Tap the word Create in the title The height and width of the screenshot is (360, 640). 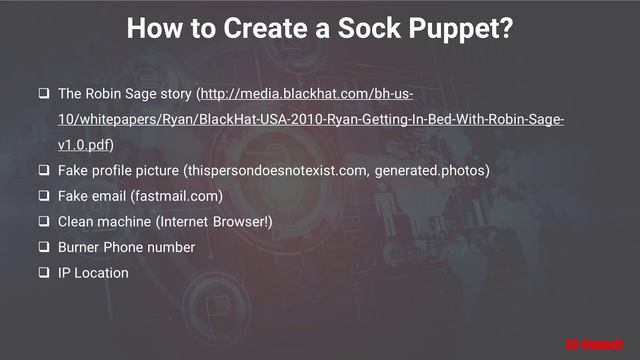[248, 28]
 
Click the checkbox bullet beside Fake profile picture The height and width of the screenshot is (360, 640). [44, 171]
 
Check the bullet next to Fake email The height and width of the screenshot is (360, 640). [44, 196]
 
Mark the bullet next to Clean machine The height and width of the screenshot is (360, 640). [44, 221]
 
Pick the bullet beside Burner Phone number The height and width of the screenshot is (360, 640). [44, 247]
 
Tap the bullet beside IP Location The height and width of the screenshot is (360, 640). [44, 272]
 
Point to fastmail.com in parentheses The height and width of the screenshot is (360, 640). [180, 196]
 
